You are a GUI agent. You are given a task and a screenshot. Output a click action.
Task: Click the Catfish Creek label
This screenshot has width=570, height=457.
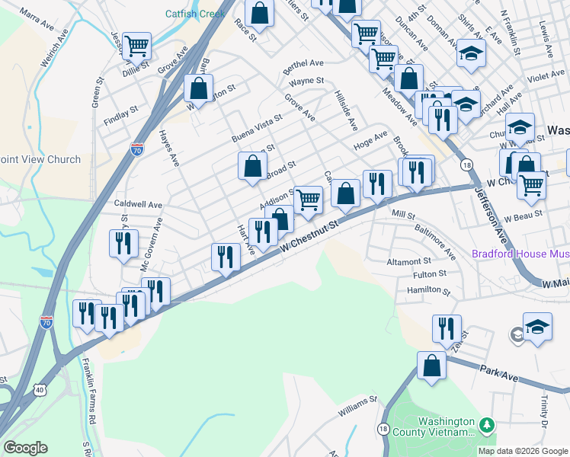click(194, 14)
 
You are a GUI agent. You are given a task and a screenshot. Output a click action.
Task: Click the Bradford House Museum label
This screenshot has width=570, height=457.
click(520, 254)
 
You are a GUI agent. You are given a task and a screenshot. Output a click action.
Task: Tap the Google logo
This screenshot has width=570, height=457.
click(25, 448)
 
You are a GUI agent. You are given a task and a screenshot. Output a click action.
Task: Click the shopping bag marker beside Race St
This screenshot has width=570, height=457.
click(260, 13)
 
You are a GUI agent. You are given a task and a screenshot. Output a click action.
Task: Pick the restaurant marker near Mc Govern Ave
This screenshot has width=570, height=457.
click(123, 243)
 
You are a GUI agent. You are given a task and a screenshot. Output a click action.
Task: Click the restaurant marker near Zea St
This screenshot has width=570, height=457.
click(447, 328)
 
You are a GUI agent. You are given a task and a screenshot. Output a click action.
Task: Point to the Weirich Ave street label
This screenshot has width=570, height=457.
click(54, 50)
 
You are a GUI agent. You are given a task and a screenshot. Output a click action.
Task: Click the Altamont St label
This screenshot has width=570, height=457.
click(409, 261)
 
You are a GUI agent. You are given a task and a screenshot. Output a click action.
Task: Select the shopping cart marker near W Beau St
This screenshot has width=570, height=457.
click(531, 184)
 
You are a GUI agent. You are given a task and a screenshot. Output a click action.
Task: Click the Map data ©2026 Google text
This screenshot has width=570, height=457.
click(523, 451)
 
